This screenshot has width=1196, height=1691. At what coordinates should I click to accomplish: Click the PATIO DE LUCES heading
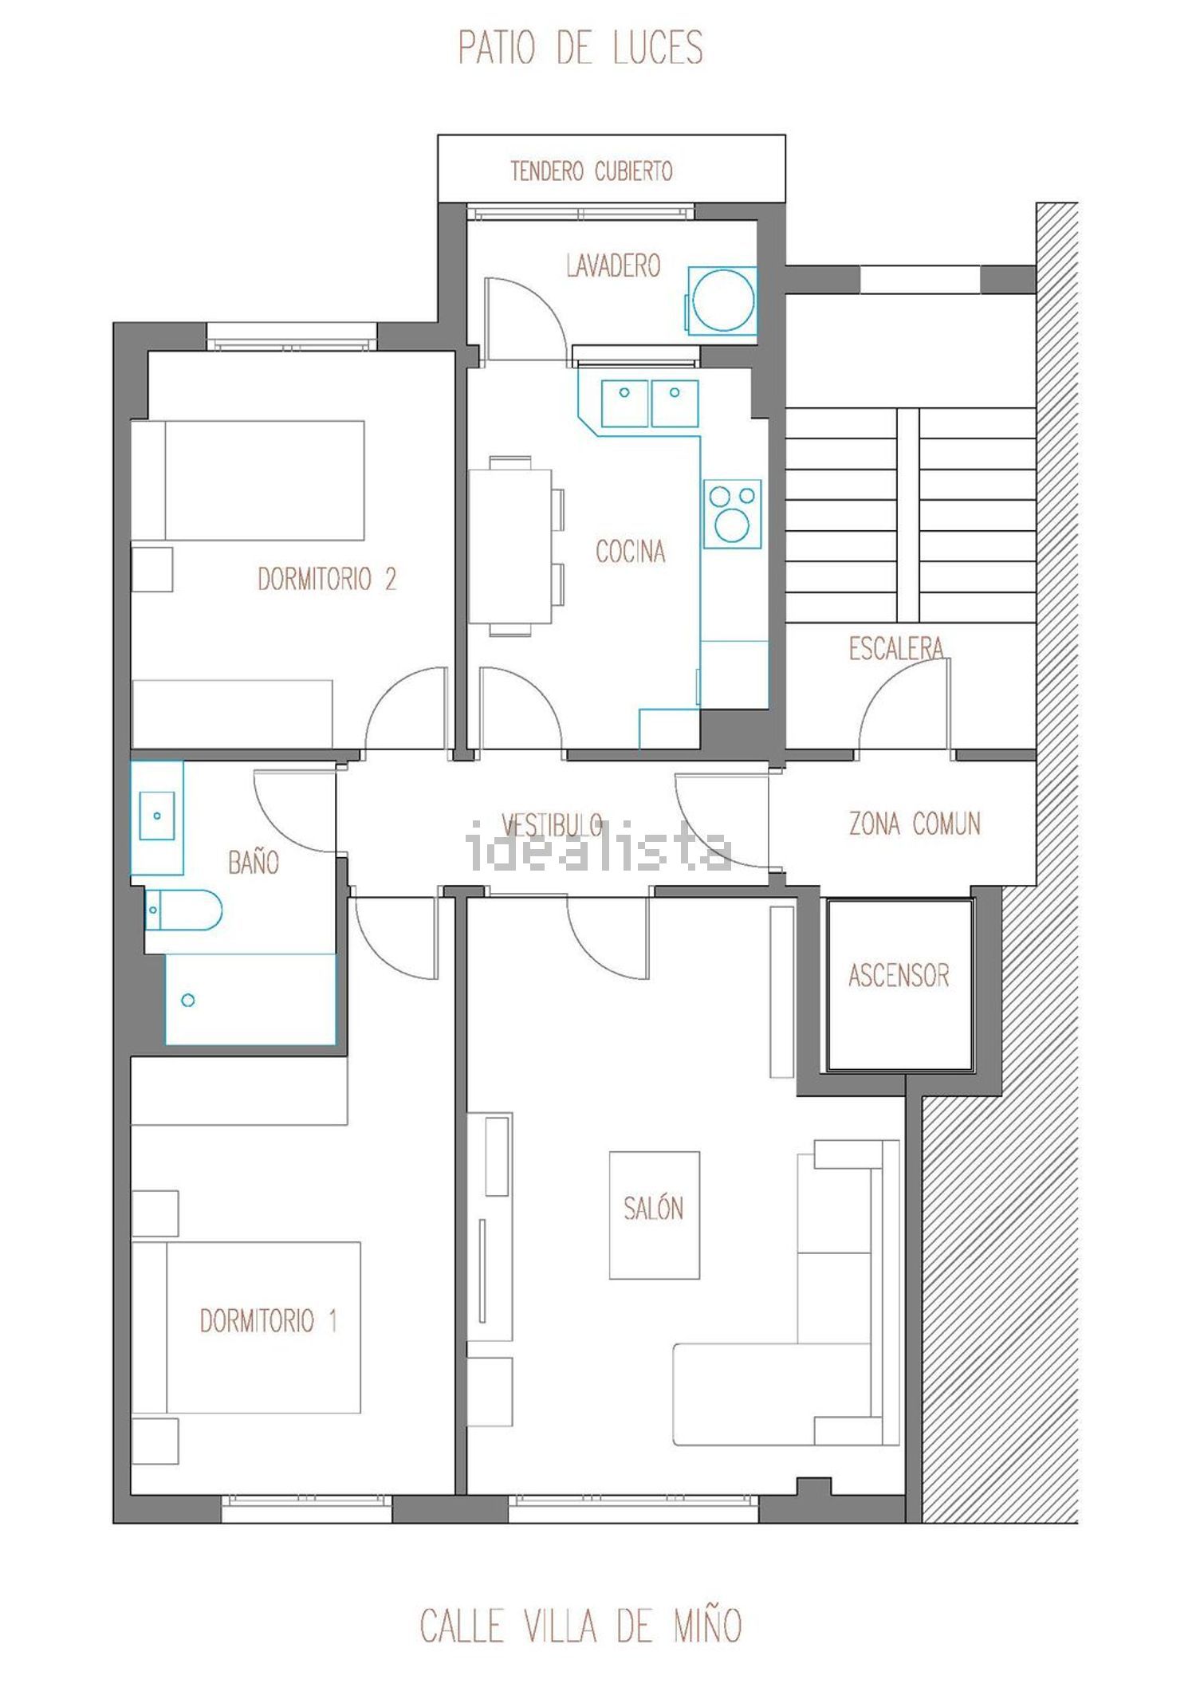click(580, 47)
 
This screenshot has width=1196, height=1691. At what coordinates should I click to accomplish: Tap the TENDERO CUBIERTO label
click(592, 171)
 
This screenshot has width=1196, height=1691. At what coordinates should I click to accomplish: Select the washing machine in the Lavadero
click(721, 300)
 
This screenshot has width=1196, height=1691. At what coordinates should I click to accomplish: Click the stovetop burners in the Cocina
click(732, 513)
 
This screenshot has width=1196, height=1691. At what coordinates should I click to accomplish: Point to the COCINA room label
click(630, 551)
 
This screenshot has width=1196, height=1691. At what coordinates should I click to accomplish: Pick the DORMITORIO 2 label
click(327, 578)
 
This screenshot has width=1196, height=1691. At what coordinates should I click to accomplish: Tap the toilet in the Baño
click(183, 910)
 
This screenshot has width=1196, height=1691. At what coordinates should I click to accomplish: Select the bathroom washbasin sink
click(157, 816)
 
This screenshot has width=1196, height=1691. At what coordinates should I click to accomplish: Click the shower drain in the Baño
click(188, 1000)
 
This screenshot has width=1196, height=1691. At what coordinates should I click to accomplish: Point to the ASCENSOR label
click(899, 975)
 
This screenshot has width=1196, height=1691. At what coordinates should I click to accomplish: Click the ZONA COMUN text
click(915, 823)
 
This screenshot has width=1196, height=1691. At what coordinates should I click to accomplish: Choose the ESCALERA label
click(895, 648)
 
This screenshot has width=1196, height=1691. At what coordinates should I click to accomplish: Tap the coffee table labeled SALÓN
click(655, 1215)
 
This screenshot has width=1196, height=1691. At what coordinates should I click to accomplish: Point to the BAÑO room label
click(254, 861)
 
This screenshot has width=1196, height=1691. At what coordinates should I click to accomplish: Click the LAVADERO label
click(613, 265)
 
